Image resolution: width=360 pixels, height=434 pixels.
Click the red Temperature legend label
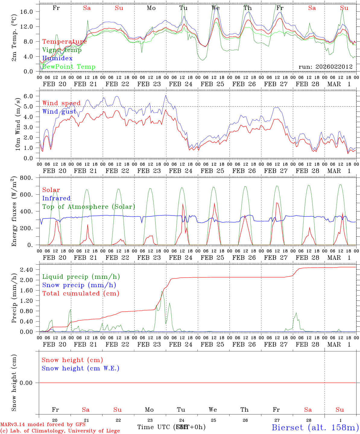(x=64, y=42)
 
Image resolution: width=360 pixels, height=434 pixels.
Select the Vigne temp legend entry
(x=62, y=50)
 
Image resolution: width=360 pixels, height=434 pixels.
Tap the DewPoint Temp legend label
(x=69, y=67)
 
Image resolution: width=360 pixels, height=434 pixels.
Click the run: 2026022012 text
(x=325, y=67)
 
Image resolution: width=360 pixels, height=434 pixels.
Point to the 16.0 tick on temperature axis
(x=30, y=11)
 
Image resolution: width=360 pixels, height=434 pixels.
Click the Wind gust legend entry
(x=59, y=112)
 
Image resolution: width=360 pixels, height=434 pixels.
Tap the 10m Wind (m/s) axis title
(x=17, y=124)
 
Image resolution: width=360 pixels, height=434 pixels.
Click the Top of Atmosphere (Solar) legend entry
(x=88, y=207)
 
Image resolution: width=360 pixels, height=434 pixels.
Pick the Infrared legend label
(x=56, y=198)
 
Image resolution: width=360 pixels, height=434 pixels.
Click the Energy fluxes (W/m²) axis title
(x=14, y=212)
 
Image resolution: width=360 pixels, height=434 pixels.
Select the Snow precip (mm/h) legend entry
(x=79, y=285)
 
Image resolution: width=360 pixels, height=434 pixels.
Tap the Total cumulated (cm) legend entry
(x=81, y=293)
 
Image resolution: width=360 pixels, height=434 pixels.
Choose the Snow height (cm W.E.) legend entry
(x=81, y=368)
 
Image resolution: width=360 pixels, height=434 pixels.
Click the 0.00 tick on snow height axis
(x=30, y=383)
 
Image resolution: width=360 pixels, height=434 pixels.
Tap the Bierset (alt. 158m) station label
(x=315, y=427)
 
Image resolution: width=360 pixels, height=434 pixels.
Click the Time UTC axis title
(x=154, y=427)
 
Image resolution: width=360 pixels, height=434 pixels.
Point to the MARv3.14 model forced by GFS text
(x=43, y=425)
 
